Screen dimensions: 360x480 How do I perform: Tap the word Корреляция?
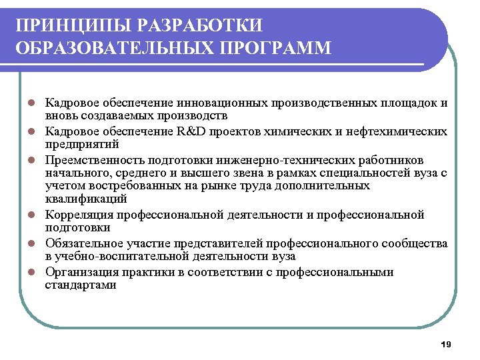tap(78, 215)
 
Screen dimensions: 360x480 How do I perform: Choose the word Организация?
tap(81, 272)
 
